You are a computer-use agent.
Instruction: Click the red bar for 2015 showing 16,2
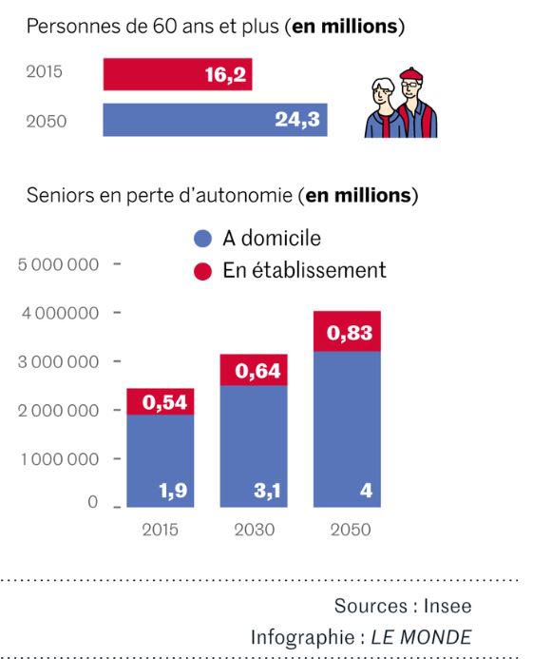pos(178,74)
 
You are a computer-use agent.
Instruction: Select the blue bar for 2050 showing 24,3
pos(215,120)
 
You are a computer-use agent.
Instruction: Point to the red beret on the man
pos(410,75)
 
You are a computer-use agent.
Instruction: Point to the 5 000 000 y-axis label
pos(59,264)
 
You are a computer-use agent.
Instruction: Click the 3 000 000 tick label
pos(59,362)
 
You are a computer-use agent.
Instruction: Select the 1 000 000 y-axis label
pos(59,459)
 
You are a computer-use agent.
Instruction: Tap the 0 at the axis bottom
pos(93,501)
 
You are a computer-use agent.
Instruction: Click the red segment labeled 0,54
pos(161,402)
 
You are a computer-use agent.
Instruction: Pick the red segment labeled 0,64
pos(253,370)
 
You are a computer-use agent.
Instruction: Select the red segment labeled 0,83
pos(347,332)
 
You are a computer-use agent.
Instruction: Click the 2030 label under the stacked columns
pos(254,530)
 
